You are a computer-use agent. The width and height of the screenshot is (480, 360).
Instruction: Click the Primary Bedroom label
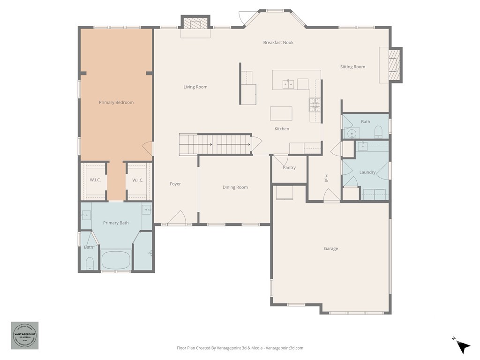click(x=116, y=102)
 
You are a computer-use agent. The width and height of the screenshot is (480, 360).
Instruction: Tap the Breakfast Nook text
click(x=278, y=43)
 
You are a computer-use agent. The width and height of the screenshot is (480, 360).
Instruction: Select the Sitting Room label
click(x=352, y=67)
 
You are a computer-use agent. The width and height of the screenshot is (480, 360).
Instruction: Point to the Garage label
click(x=330, y=249)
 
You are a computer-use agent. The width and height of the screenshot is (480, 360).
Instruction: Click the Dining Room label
click(x=235, y=187)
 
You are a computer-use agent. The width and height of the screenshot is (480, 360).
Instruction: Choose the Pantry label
click(x=289, y=168)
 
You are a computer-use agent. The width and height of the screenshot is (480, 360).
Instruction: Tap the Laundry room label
click(x=367, y=172)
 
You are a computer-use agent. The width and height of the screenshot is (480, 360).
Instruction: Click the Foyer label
click(x=175, y=184)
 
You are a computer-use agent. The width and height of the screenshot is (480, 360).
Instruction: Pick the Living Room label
click(x=195, y=87)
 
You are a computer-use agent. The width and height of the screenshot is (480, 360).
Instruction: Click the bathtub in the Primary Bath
click(x=115, y=260)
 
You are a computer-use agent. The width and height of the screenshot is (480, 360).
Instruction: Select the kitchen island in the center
click(x=281, y=113)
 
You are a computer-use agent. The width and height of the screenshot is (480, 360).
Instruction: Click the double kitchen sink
click(x=288, y=84)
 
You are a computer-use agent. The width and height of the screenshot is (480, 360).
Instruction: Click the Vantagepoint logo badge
click(x=24, y=335)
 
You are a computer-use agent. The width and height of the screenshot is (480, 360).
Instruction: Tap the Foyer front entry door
click(x=177, y=218)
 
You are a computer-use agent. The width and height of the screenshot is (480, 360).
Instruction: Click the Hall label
click(x=326, y=178)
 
